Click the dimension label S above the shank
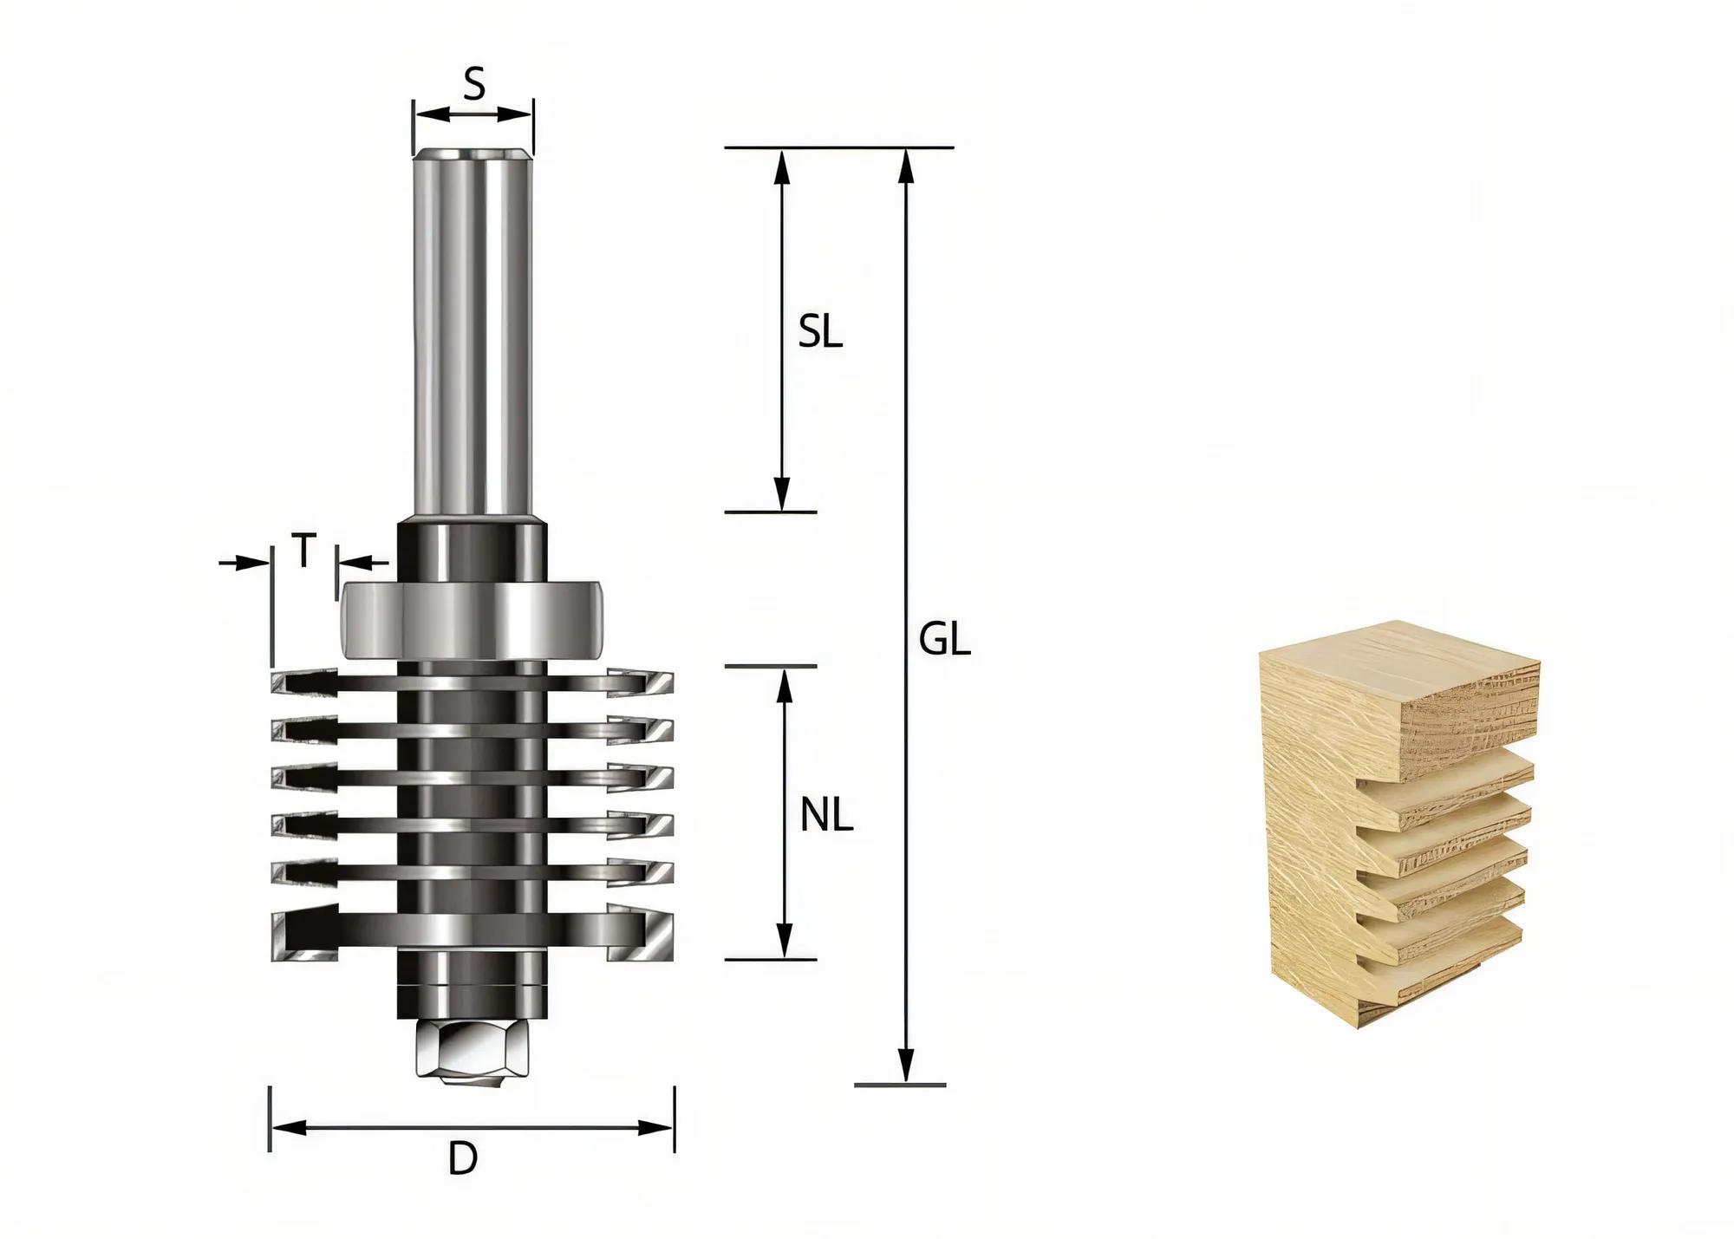pyautogui.click(x=473, y=85)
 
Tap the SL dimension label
pyautogui.click(x=819, y=332)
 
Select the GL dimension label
pyautogui.click(x=944, y=641)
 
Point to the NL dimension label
pyautogui.click(x=825, y=816)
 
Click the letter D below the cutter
pyautogui.click(x=463, y=1158)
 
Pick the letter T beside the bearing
pyautogui.click(x=303, y=551)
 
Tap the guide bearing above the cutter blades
pyautogui.click(x=473, y=620)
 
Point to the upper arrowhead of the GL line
pyautogui.click(x=906, y=165)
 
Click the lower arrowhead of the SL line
pyautogui.click(x=782, y=496)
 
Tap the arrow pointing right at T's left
pyautogui.click(x=257, y=563)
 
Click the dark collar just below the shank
pyautogui.click(x=473, y=551)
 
